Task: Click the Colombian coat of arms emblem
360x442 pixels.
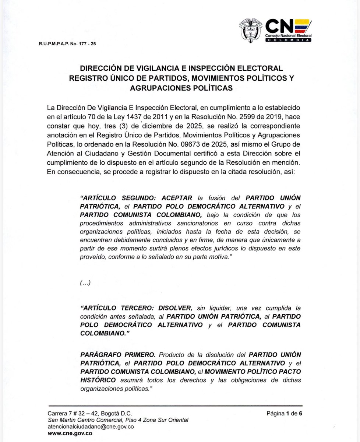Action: pos(251,32)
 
